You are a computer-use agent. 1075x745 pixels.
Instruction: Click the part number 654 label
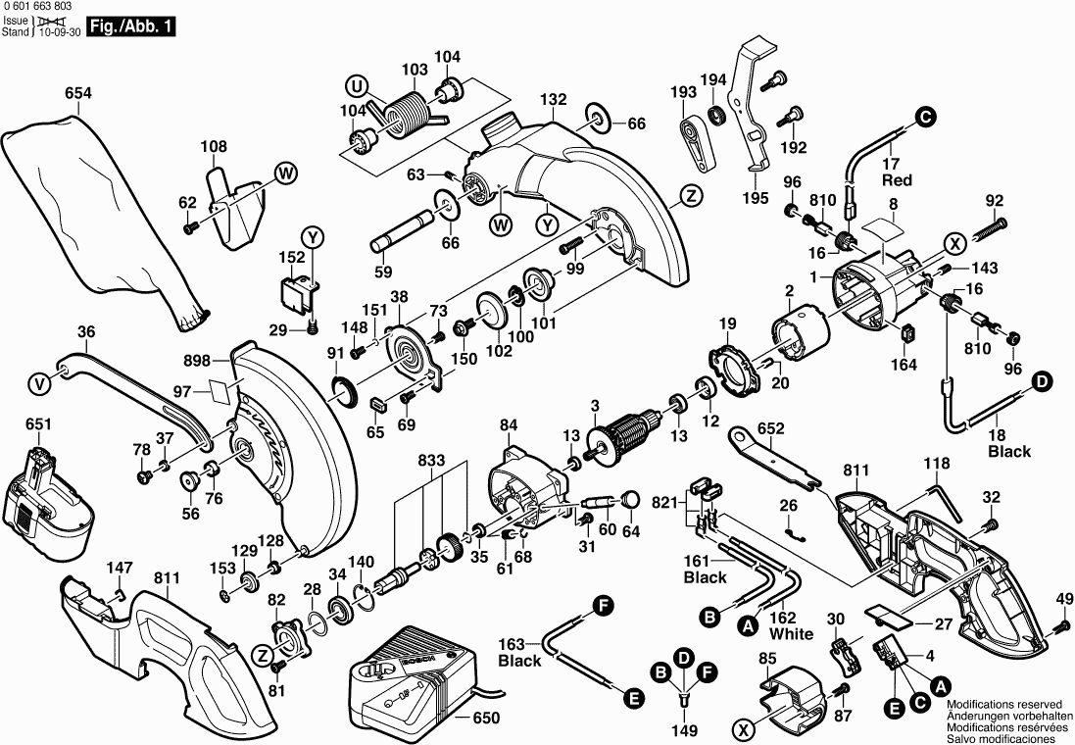[x=77, y=94]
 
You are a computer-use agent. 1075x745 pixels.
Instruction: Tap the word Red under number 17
[x=897, y=180]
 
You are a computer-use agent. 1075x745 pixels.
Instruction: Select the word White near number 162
[x=791, y=633]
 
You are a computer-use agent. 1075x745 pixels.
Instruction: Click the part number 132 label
[x=554, y=100]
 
